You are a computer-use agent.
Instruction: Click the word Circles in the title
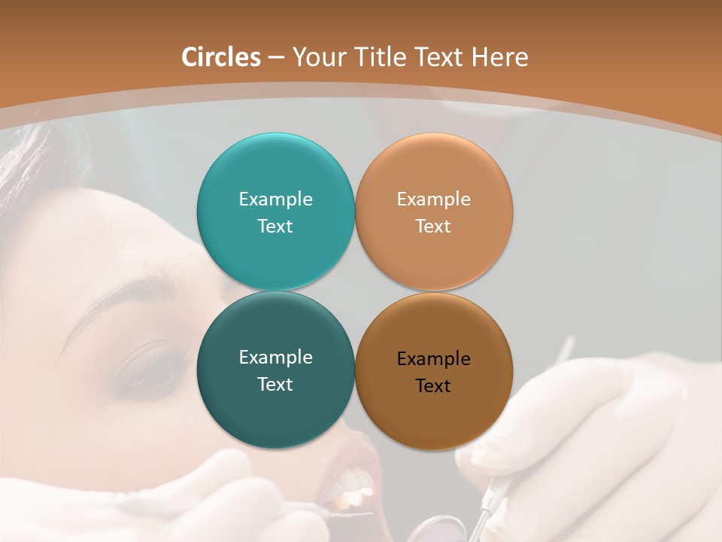click(x=221, y=57)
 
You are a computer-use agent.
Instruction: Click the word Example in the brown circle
click(x=433, y=359)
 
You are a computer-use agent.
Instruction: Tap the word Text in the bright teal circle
click(x=275, y=227)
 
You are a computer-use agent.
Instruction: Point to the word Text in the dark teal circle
click(x=275, y=385)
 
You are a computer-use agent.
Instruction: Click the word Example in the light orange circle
click(x=433, y=199)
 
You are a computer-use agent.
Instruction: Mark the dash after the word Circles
click(x=276, y=58)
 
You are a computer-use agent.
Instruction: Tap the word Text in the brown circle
click(x=433, y=386)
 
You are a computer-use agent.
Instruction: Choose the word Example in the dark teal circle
click(x=275, y=358)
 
